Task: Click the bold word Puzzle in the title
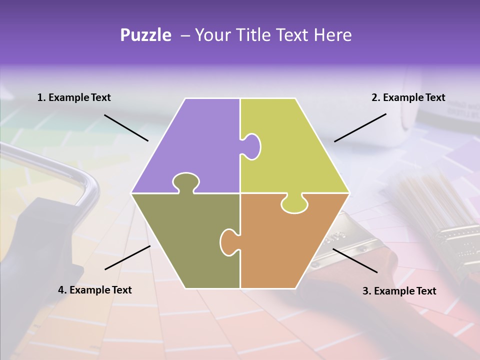pos(145,35)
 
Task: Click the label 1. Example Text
pos(74,97)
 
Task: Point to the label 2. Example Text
pos(408,97)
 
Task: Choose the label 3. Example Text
pos(399,291)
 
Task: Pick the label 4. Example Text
pos(95,290)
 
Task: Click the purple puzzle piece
pos(195,140)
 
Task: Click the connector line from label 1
pos(126,127)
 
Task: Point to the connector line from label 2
pos(360,127)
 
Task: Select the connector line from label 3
pos(355,260)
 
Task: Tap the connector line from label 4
pos(127,257)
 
